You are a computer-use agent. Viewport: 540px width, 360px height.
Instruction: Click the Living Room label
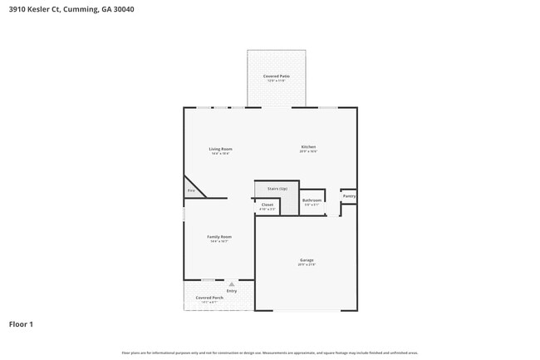click(x=220, y=149)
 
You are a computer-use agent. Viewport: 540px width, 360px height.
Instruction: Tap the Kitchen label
click(x=308, y=147)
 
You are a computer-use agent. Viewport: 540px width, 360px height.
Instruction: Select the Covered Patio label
click(x=276, y=76)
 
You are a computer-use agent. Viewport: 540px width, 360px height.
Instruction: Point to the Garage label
click(x=307, y=259)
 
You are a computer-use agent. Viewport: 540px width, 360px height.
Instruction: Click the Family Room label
click(x=219, y=236)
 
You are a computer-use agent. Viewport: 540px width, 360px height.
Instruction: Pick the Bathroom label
click(x=312, y=200)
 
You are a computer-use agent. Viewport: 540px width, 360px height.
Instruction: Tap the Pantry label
click(x=349, y=196)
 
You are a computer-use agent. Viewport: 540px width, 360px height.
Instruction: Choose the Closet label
click(x=268, y=205)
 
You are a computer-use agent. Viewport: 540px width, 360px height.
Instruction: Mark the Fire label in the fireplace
click(x=190, y=191)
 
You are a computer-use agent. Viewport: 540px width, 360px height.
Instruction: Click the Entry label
click(x=231, y=291)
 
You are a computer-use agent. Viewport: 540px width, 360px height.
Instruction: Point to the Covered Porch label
click(x=209, y=297)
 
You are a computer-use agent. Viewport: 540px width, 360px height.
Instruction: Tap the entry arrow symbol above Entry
click(x=232, y=284)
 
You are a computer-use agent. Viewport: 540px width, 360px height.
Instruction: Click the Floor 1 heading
click(x=21, y=323)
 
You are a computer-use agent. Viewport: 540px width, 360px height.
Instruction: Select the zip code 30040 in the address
click(x=123, y=9)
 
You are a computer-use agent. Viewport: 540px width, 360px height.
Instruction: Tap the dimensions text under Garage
click(x=307, y=264)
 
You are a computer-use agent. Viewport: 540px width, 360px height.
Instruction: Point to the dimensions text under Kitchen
click(x=308, y=152)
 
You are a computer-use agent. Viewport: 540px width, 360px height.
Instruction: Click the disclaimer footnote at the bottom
click(x=270, y=353)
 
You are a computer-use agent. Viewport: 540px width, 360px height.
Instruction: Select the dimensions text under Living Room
click(x=220, y=154)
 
